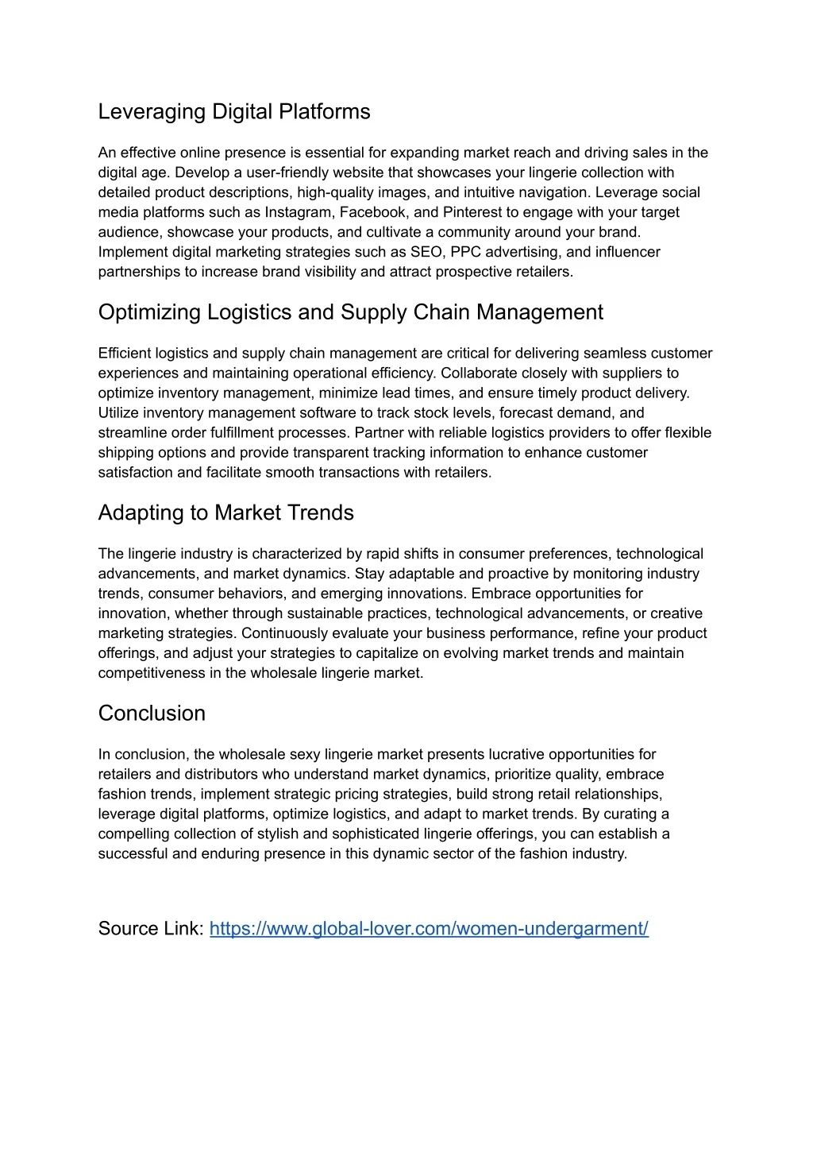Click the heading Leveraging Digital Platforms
coord(234,112)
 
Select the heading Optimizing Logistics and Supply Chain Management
coord(350,312)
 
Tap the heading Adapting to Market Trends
coord(225,513)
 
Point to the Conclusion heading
coord(152,713)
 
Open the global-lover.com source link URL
coord(429,928)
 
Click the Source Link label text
coord(151,928)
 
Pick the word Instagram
coord(299,212)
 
